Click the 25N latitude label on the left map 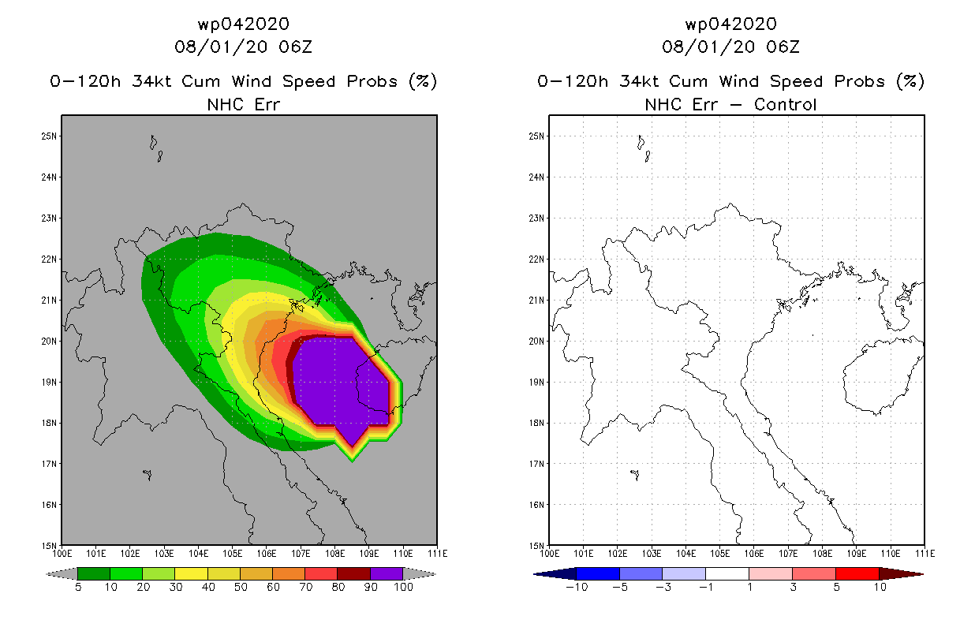(49, 136)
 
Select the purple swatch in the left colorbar (387, 573)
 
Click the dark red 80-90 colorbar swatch (354, 573)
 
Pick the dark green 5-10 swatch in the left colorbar (94, 573)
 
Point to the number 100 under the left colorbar (404, 587)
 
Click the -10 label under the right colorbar (577, 587)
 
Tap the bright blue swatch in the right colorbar (598, 573)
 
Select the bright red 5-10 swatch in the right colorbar (857, 573)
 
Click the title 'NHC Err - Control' (730, 105)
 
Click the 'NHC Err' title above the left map (243, 105)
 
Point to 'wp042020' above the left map (243, 24)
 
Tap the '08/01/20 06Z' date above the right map (730, 47)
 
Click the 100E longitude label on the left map (62, 554)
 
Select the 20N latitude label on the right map (536, 342)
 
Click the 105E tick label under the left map (233, 554)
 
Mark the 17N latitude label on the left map (49, 464)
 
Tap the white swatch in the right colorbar (727, 573)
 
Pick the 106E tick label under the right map (754, 554)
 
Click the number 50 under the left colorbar (241, 587)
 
